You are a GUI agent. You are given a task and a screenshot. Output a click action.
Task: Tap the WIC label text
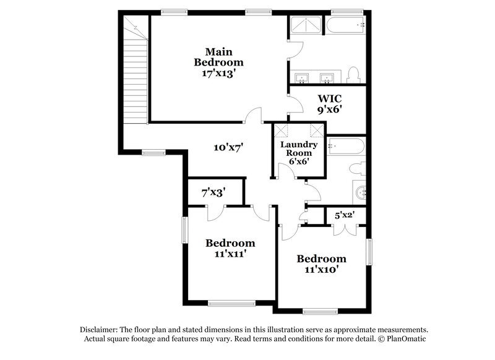(330, 98)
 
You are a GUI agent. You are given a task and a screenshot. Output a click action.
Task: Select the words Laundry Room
(299, 148)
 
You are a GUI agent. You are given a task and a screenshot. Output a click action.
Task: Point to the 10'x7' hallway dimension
(228, 147)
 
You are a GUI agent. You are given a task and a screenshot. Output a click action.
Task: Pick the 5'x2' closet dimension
(344, 215)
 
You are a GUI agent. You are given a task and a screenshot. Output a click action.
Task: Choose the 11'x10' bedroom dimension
(321, 269)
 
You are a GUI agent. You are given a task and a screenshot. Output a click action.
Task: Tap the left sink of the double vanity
(303, 78)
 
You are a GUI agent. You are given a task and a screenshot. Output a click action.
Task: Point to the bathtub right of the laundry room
(346, 146)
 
